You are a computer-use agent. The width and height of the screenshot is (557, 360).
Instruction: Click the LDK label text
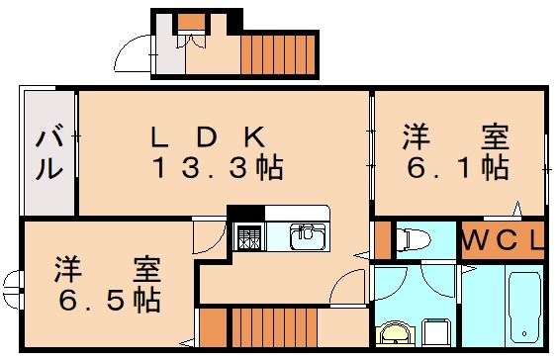pos(208,135)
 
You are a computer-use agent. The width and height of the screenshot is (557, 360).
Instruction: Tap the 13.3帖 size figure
pos(217,168)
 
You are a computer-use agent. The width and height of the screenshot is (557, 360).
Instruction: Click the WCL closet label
pos(504,240)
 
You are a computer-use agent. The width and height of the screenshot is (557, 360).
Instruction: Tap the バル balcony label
pos(50,153)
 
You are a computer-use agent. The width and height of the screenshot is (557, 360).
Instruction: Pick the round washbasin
pos(397,335)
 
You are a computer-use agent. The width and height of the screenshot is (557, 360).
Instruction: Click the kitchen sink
pos(307,235)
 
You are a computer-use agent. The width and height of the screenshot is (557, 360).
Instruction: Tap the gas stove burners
pos(247,236)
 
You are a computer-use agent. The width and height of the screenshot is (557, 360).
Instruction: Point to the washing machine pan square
pos(435,333)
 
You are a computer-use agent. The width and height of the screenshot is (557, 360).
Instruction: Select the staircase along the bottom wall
pos(263,327)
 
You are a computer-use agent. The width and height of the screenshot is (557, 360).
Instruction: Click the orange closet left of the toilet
pos(381,239)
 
